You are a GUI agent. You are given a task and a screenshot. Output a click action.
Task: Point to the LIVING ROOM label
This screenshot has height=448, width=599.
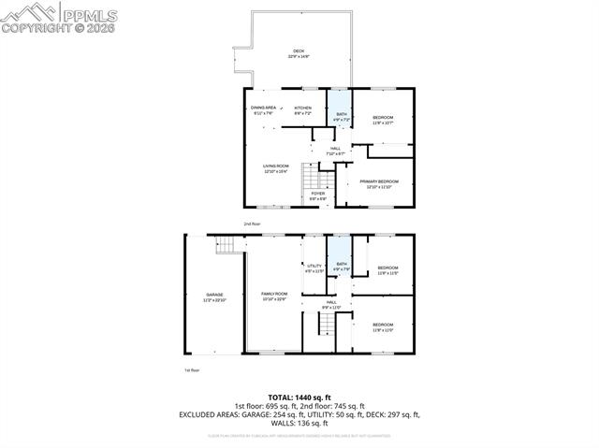coord(275,168)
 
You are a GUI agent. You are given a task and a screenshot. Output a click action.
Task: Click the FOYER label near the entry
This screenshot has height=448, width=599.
coord(318,195)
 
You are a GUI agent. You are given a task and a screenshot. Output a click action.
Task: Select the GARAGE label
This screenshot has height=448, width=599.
coord(214,296)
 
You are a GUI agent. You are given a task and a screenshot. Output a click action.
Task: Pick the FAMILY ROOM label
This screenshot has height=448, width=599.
coord(274,296)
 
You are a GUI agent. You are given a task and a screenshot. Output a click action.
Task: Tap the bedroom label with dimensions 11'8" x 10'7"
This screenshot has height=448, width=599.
coord(383,120)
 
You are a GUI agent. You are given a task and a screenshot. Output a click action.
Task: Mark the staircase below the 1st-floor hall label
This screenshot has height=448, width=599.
coord(324,325)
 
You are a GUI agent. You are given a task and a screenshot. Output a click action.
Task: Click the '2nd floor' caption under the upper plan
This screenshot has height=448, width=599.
coord(252,224)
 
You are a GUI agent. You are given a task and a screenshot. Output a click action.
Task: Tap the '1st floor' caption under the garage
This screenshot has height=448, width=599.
coord(192,370)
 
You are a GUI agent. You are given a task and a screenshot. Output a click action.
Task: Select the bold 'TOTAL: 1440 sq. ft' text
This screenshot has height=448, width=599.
coord(299,397)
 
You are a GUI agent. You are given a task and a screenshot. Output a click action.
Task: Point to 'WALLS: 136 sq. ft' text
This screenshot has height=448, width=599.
coord(299,422)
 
